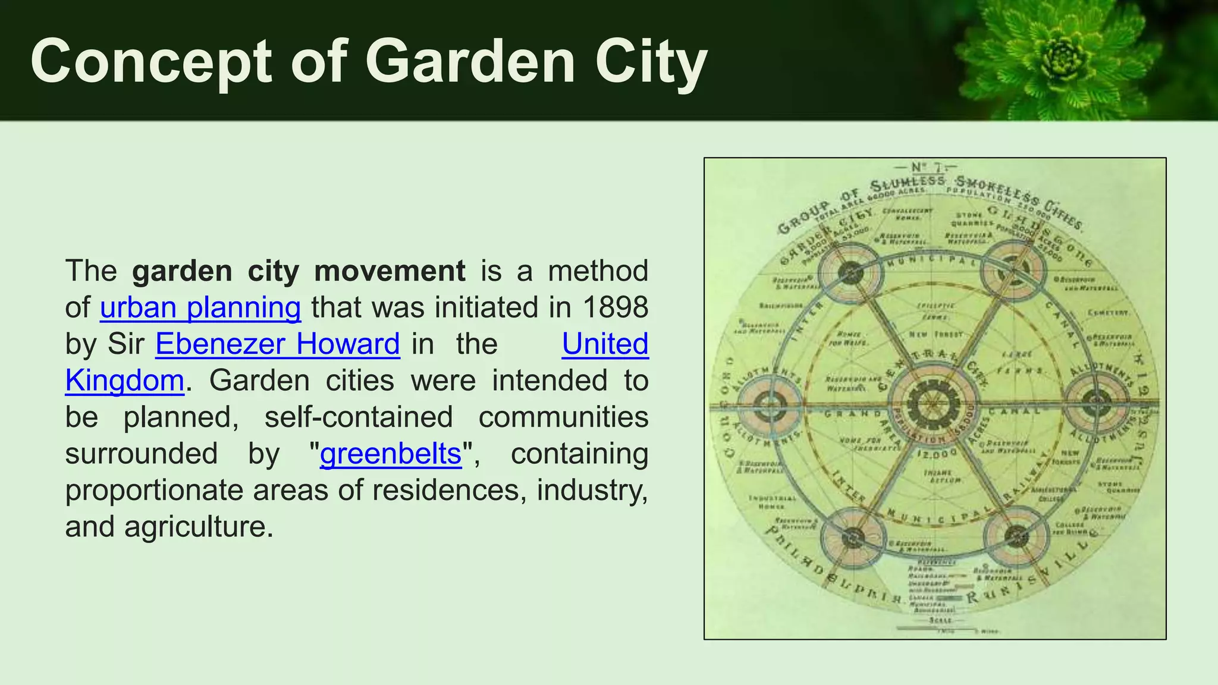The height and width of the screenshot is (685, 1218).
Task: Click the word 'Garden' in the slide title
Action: pyautogui.click(x=470, y=61)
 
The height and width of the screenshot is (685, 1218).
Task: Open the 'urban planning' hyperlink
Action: pyautogui.click(x=200, y=307)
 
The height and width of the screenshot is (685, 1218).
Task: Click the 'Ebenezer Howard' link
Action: pyautogui.click(x=278, y=344)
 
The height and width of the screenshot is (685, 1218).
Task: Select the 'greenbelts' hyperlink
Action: pyautogui.click(x=391, y=454)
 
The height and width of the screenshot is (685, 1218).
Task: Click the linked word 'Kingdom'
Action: pyautogui.click(x=125, y=381)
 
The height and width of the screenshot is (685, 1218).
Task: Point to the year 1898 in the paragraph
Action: pyautogui.click(x=616, y=307)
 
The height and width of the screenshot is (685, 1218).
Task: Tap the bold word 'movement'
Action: pyautogui.click(x=390, y=271)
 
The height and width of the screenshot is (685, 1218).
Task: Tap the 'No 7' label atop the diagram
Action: pyautogui.click(x=933, y=168)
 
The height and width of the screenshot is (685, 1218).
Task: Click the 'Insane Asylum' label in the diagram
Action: pyautogui.click(x=938, y=476)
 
